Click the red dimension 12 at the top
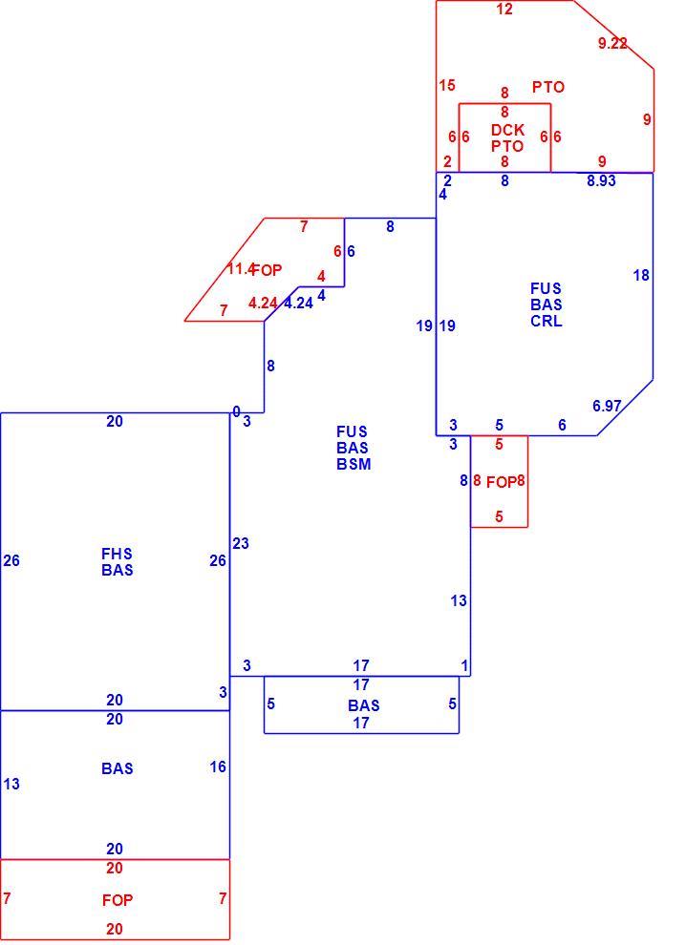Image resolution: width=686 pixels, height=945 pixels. click(x=504, y=9)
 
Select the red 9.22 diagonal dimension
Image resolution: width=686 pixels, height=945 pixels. click(x=612, y=43)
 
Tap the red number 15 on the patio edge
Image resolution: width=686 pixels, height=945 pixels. click(x=447, y=86)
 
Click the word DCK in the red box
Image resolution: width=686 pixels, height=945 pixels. click(x=507, y=130)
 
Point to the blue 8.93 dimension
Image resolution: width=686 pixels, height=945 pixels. click(x=602, y=180)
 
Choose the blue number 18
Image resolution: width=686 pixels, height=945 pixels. click(x=641, y=276)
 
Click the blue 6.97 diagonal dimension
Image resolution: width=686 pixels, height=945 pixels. click(x=607, y=407)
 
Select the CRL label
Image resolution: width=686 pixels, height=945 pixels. click(x=546, y=322)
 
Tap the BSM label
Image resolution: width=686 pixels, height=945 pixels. click(x=354, y=465)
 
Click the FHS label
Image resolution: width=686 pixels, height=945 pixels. click(x=118, y=554)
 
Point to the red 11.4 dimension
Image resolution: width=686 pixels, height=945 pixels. click(x=241, y=269)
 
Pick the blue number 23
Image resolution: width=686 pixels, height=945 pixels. click(x=241, y=544)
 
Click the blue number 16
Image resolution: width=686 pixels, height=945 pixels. click(x=218, y=766)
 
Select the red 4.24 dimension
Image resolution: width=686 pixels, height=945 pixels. click(x=263, y=304)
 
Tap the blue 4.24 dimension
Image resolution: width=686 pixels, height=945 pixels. click(x=299, y=304)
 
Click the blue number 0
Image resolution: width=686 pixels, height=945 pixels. click(x=237, y=411)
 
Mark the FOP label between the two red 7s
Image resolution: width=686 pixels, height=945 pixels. click(x=118, y=900)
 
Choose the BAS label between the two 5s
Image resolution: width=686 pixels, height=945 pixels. click(x=364, y=705)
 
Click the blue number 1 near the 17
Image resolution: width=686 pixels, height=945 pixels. click(x=464, y=666)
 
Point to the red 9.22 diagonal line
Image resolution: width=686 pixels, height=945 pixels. click(x=613, y=34)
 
